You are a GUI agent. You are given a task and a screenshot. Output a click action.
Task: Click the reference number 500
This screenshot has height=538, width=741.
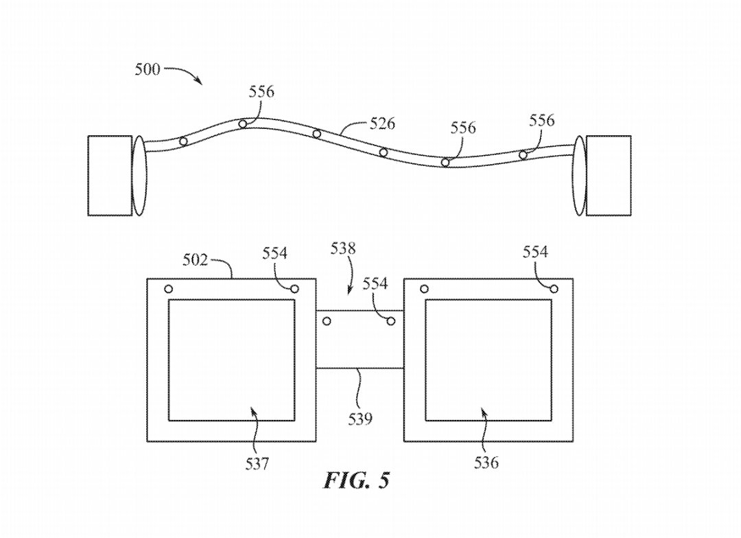click(148, 69)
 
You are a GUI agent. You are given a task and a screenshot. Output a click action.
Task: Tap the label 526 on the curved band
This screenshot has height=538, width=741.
click(382, 124)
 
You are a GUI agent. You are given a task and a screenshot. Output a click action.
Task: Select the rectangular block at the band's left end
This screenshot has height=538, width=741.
click(110, 176)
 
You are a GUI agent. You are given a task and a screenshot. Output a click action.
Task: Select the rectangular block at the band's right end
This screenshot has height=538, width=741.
click(608, 176)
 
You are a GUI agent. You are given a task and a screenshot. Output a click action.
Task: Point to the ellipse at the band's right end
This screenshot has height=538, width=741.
click(580, 176)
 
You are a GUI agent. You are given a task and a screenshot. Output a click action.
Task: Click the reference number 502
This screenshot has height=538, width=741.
click(195, 260)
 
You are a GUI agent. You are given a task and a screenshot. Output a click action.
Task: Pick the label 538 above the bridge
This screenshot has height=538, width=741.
click(343, 248)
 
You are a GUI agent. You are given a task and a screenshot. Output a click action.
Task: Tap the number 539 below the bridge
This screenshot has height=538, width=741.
click(360, 418)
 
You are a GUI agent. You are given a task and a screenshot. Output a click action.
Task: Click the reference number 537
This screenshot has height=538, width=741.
click(257, 464)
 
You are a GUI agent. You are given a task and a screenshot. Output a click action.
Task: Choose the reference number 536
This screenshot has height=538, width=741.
click(486, 463)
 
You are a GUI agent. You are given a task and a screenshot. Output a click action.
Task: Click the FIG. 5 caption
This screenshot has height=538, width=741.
click(356, 480)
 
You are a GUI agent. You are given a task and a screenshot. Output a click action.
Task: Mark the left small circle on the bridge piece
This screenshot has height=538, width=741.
click(327, 321)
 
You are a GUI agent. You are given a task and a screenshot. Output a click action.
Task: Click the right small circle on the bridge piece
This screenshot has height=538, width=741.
click(391, 321)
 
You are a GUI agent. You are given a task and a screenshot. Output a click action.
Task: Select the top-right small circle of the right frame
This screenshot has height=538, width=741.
click(554, 289)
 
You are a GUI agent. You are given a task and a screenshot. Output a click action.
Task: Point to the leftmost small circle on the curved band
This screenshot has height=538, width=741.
click(183, 141)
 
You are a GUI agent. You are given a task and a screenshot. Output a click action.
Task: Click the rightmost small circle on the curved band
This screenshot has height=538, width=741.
click(523, 155)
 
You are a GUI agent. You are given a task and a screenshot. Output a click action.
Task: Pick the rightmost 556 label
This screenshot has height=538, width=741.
click(541, 121)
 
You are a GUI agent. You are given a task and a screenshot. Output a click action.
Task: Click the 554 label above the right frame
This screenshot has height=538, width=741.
click(535, 252)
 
